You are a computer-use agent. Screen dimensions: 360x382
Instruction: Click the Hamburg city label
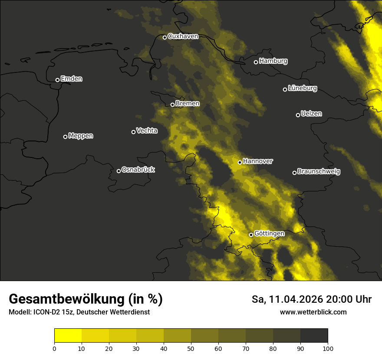[273, 61]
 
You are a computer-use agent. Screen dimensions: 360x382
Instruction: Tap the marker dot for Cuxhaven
[165, 37]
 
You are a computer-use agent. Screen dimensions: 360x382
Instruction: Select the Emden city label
[71, 79]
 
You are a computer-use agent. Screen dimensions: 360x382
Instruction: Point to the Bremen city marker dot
[172, 105]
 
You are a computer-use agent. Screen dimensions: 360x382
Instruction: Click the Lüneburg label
[302, 88]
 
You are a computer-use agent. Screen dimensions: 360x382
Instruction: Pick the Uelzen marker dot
[298, 115]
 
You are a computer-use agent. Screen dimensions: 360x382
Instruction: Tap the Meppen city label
[81, 136]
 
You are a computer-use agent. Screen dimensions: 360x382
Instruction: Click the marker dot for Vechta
[133, 132]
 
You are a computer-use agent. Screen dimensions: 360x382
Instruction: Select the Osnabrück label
[138, 170]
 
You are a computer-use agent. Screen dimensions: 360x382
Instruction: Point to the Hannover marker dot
[240, 162]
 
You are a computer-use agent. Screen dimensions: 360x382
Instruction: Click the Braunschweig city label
[319, 172]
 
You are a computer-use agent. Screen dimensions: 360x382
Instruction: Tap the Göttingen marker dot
[251, 235]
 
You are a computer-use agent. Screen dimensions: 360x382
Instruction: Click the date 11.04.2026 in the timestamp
[296, 299]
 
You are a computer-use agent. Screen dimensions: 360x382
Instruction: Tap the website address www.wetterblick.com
[313, 312]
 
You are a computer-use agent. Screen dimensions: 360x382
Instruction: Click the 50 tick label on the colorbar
[191, 348]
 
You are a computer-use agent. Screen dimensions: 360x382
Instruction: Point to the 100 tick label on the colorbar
[328, 348]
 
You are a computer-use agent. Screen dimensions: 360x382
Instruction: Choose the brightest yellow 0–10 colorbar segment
[68, 336]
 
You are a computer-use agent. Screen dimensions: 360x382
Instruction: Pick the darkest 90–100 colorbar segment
[314, 336]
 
